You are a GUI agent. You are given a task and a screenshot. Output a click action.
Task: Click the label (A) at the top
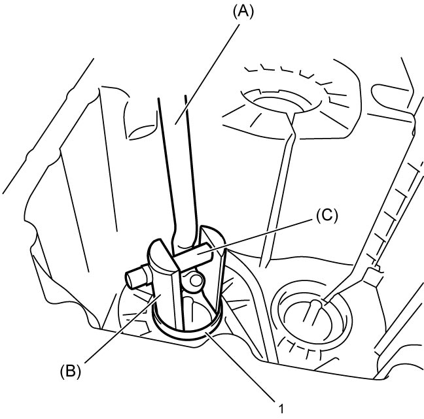(x=243, y=12)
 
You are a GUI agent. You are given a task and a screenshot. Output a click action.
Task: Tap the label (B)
(x=70, y=371)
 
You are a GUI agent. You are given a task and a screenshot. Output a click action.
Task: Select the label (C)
(x=327, y=216)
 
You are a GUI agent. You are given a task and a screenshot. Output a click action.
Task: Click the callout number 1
(x=281, y=409)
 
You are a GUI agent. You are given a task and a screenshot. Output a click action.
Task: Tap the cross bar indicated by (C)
(x=192, y=257)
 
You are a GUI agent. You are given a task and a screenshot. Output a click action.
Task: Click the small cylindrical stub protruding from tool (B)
(x=137, y=277)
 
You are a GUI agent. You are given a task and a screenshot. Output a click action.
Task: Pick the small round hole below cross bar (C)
(x=196, y=281)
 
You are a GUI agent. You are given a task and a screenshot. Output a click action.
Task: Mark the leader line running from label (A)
(x=207, y=74)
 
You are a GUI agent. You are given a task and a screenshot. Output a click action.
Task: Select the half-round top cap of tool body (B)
(x=160, y=250)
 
